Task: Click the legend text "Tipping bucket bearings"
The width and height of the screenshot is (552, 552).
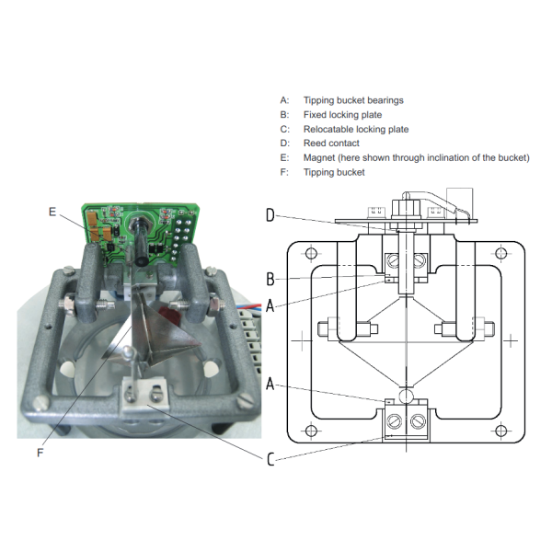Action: (x=352, y=100)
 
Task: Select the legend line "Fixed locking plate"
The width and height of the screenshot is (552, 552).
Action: (x=343, y=115)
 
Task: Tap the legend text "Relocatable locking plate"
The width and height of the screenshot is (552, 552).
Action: (x=355, y=130)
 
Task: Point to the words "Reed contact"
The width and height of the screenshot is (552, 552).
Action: (x=331, y=144)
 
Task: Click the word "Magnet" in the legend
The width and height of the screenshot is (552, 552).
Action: (x=317, y=157)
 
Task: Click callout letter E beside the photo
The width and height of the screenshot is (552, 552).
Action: (x=52, y=213)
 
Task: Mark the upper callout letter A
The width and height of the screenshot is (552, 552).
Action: (x=270, y=308)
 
